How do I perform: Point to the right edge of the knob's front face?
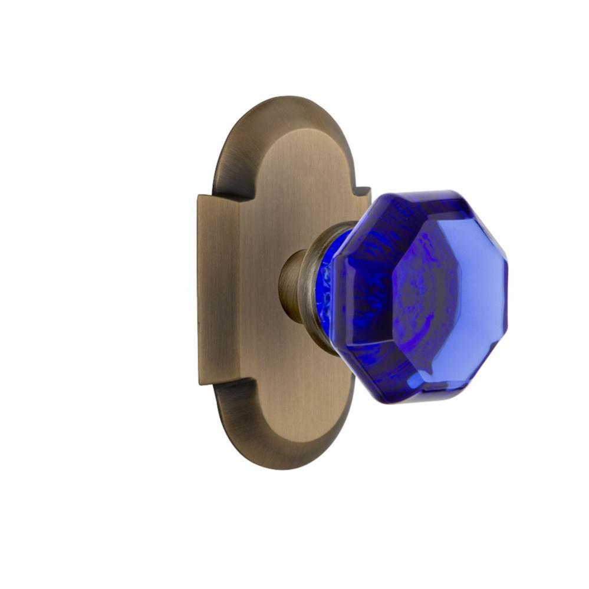(502, 294)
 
